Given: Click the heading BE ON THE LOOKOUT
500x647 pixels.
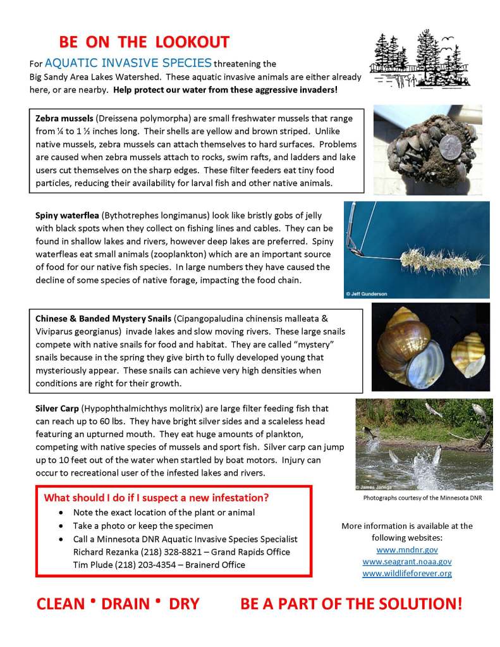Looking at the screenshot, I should point(144,42).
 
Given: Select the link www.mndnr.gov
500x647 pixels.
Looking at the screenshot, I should point(406,550).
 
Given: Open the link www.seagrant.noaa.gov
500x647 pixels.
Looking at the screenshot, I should point(406,562).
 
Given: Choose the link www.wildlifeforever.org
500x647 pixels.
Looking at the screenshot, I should point(406,573).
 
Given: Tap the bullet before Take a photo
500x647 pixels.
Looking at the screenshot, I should point(60,526).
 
